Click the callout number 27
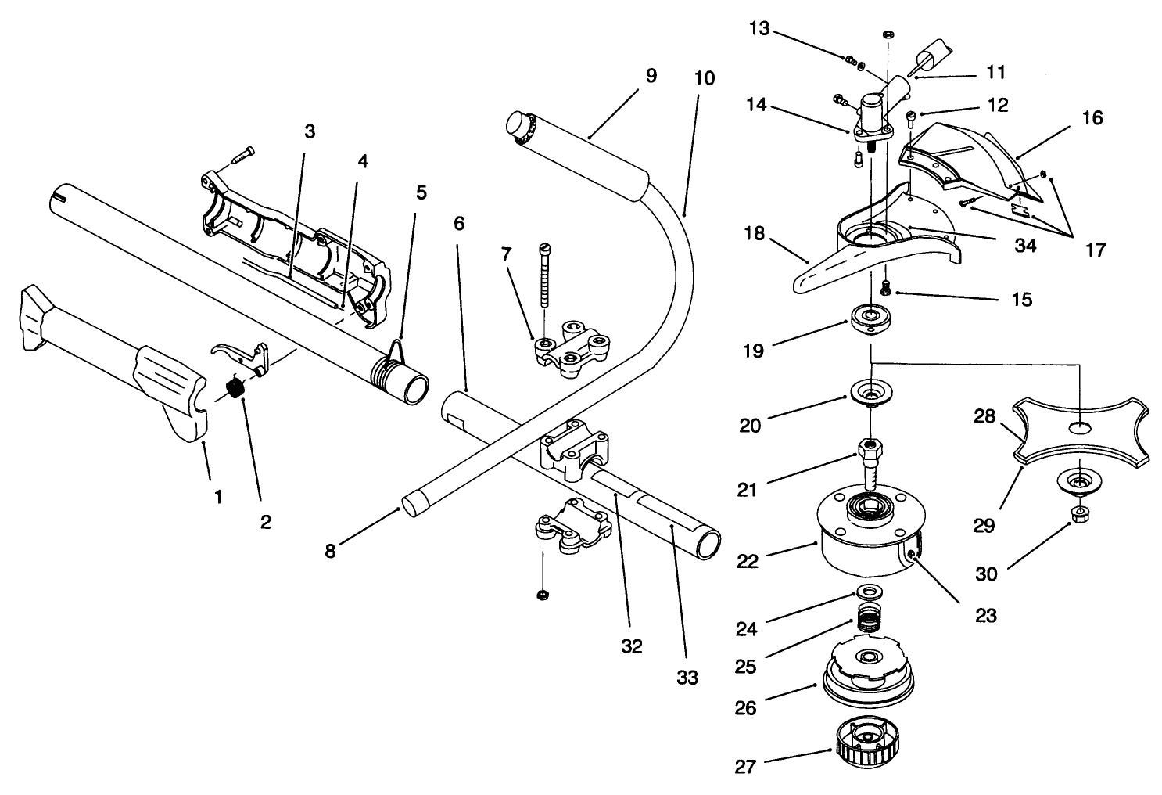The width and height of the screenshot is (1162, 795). point(745,766)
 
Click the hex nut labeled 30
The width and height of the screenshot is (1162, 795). point(1078,515)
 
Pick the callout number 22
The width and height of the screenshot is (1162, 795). point(748,561)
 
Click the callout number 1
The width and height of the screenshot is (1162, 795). point(218,496)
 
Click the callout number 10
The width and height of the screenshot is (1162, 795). point(703,78)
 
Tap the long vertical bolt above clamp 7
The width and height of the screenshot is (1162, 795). point(543,275)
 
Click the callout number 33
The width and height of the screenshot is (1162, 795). point(687,677)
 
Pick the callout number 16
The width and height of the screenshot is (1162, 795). point(1092,118)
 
